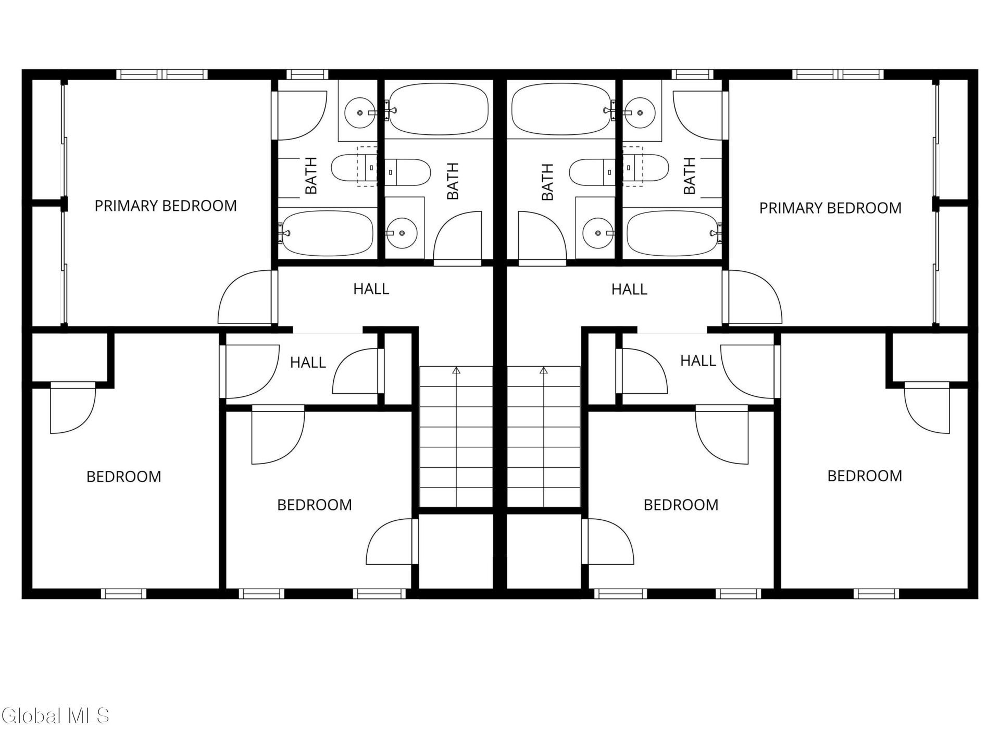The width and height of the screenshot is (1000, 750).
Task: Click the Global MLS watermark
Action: point(55,716)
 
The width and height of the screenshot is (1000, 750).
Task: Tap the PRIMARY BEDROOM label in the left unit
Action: point(166,206)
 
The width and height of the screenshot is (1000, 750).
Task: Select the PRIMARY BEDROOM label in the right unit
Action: point(830,208)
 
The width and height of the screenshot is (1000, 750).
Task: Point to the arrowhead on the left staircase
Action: point(456,370)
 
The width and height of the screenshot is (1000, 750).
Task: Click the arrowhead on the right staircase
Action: point(544,370)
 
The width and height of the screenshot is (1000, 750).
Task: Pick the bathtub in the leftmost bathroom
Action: point(327,233)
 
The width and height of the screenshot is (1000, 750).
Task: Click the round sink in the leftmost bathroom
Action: point(359,112)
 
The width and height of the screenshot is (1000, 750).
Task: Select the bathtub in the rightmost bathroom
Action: point(674,233)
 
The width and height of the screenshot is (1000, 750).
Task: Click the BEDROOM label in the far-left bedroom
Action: point(124,477)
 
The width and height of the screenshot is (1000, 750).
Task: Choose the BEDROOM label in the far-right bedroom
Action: point(865,476)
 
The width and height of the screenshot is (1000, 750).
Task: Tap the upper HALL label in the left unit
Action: point(371,289)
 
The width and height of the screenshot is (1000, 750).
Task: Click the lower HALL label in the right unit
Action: point(698,360)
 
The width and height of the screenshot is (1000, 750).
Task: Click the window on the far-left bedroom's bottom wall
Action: point(123,594)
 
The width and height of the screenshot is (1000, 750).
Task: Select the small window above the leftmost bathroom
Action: point(307,74)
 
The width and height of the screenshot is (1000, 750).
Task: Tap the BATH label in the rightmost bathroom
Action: point(689,176)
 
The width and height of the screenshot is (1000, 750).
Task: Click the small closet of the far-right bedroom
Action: point(930,357)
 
